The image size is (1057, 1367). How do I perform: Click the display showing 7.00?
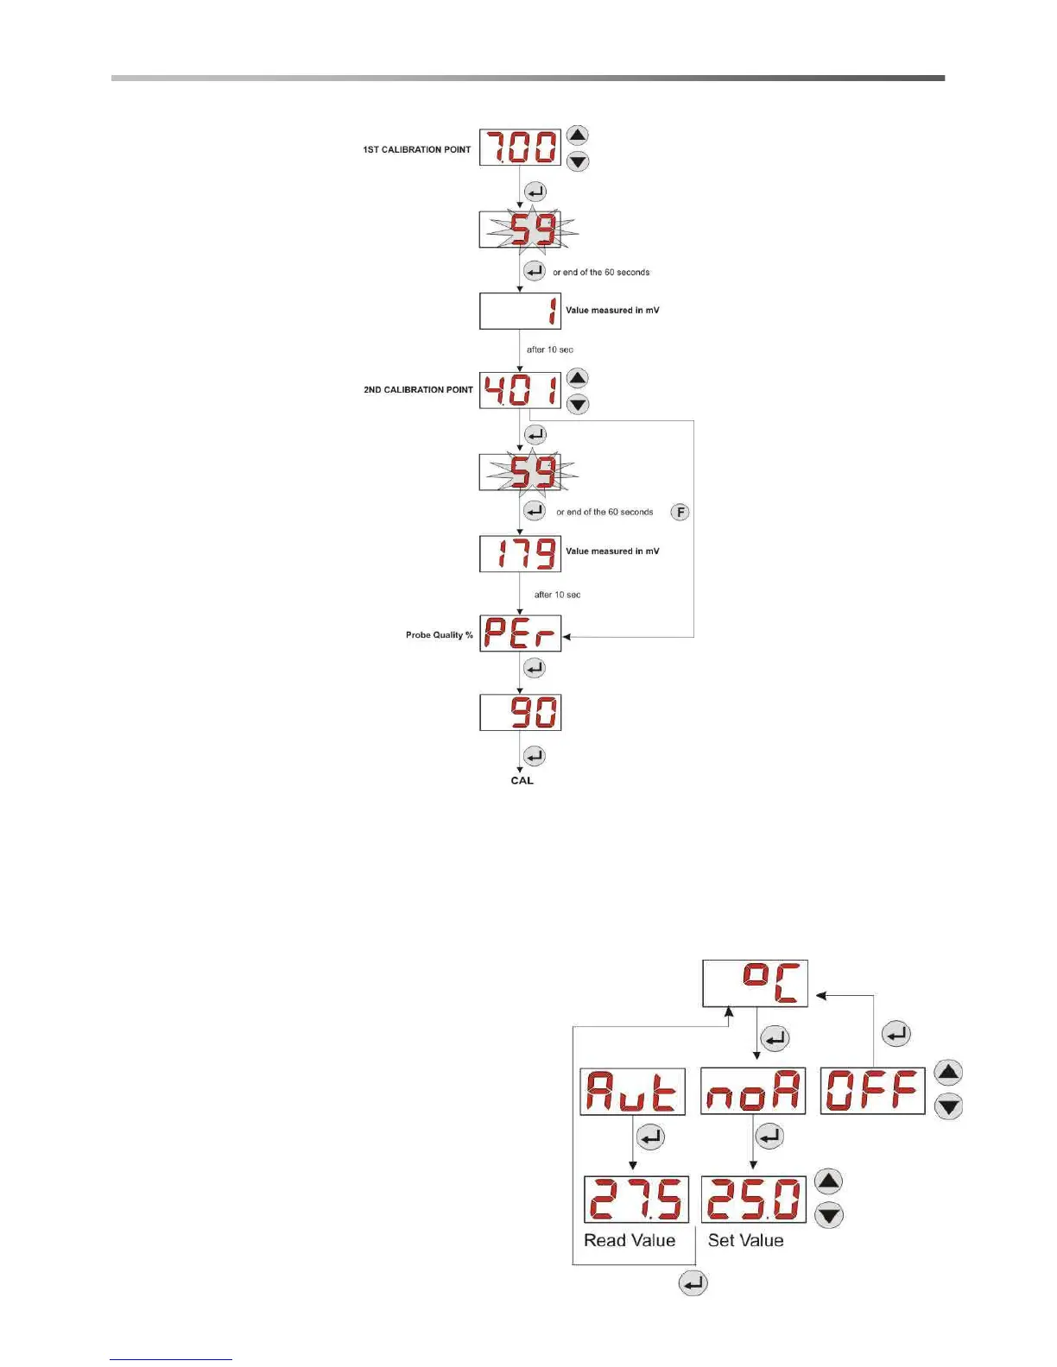tap(520, 147)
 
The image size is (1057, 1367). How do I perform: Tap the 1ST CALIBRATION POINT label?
tap(417, 149)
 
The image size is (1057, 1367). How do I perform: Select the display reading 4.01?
tap(520, 390)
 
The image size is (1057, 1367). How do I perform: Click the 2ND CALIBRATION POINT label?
tap(418, 390)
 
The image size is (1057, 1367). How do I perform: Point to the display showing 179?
tap(520, 553)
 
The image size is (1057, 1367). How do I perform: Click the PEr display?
tap(520, 633)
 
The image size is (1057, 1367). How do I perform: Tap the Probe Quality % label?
tap(440, 635)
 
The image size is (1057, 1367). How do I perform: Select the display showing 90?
tap(520, 713)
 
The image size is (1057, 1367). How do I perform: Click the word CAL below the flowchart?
tap(522, 781)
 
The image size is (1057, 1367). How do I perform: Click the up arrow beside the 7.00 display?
tap(577, 135)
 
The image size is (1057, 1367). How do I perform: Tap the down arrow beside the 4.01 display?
tap(577, 404)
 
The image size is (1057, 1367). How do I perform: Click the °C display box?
tap(755, 983)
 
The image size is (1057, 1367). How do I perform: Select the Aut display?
tap(632, 1092)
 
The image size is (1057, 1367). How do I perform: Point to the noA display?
tap(752, 1092)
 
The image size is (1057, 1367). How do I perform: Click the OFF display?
tap(872, 1091)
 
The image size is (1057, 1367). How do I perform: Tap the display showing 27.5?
tap(636, 1200)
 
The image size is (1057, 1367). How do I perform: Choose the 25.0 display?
tap(753, 1200)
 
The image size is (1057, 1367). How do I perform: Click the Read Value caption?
tap(630, 1241)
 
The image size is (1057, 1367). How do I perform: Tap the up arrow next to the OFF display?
tap(948, 1073)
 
